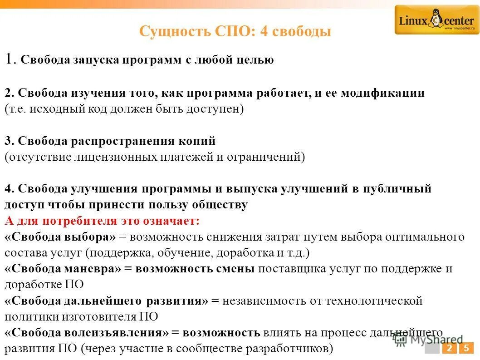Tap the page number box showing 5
pyautogui.click(x=465, y=349)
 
